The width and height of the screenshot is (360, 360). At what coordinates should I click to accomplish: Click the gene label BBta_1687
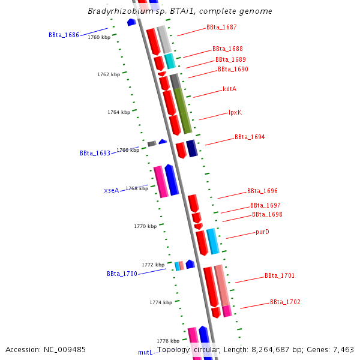(221, 28)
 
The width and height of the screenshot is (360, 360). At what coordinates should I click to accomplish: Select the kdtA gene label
(229, 89)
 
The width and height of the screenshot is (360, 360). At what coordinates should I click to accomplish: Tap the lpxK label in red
(235, 112)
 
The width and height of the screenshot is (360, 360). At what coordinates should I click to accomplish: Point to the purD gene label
(262, 232)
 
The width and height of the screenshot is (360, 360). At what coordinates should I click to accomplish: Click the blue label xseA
(111, 190)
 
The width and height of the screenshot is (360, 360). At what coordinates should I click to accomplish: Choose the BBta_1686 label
(64, 35)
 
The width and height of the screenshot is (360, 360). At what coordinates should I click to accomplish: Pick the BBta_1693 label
(95, 153)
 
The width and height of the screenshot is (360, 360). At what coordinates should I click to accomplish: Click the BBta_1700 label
(122, 274)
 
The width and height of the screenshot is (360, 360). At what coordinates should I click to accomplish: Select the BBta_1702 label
(285, 302)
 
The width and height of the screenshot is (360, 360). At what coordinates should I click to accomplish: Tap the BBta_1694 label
(249, 137)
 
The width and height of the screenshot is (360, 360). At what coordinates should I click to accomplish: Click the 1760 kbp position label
(99, 37)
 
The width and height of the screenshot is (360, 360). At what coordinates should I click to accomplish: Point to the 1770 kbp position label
(145, 226)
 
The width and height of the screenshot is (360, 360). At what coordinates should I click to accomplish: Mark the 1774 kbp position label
(161, 302)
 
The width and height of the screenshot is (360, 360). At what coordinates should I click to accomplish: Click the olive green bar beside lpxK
(182, 110)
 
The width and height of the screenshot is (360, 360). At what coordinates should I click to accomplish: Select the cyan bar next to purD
(212, 241)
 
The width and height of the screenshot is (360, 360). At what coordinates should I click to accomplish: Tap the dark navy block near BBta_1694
(191, 148)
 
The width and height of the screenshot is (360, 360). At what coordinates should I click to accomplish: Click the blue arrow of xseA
(172, 180)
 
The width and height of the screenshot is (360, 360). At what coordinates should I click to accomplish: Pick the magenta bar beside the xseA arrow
(160, 182)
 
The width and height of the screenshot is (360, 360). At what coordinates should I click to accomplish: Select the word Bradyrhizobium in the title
(116, 11)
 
